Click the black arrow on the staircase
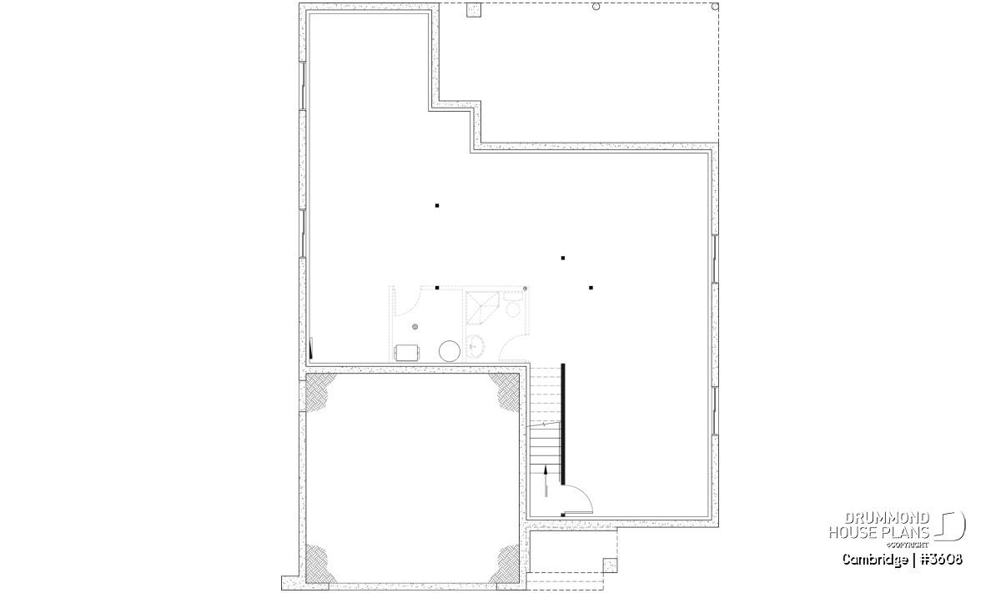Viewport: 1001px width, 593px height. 546,481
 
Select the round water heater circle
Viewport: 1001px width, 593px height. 450,351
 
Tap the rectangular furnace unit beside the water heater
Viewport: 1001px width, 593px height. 407,352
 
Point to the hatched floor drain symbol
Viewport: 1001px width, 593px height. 415,327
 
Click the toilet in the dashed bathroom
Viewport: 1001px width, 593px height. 514,304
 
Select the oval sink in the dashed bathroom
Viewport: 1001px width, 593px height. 475,346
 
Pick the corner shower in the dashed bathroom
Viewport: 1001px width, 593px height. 482,308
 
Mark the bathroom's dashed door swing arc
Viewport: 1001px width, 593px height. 511,345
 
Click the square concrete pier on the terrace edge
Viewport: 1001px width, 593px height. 474,10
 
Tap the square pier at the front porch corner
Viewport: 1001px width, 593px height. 610,565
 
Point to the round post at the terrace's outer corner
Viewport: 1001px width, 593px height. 715,7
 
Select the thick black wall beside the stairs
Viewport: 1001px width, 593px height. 563,424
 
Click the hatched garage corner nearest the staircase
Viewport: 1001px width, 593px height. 506,391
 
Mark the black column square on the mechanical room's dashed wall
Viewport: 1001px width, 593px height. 437,288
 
